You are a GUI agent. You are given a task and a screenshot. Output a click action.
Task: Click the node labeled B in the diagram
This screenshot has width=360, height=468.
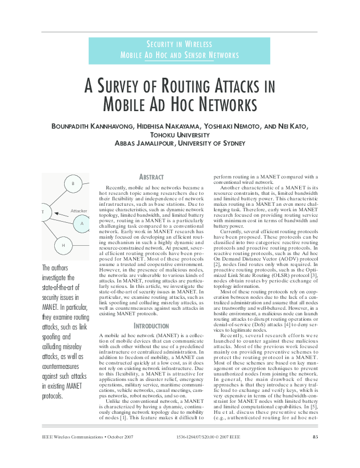(72, 183)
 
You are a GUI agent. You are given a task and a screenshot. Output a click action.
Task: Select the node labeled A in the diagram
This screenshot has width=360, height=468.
(82, 223)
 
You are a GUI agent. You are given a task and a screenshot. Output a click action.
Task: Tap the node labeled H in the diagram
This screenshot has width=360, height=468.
(63, 245)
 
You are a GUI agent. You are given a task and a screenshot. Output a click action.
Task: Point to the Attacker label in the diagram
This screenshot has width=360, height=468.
(79, 211)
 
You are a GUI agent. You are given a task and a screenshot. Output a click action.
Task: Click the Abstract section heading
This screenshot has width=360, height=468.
(151, 177)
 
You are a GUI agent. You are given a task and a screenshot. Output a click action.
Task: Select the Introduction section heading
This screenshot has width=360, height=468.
(151, 326)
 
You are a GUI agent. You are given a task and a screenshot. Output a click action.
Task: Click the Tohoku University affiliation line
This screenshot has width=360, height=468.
(180, 135)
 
